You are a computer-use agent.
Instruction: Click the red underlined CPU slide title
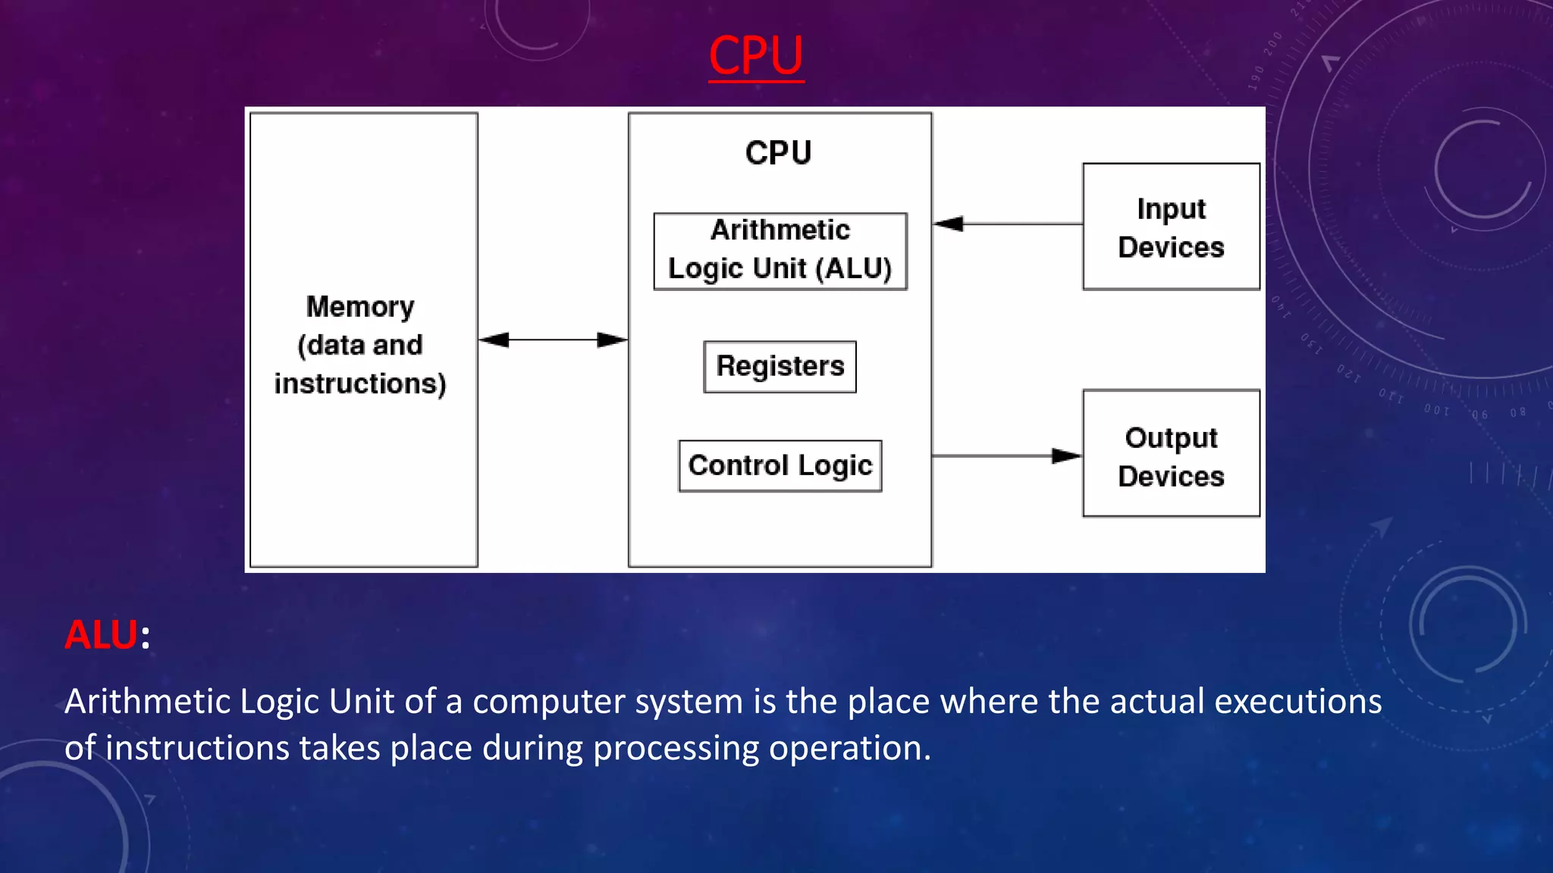pyautogui.click(x=755, y=55)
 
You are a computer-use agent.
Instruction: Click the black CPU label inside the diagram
pyautogui.click(x=778, y=153)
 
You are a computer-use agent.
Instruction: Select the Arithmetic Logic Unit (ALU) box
pyautogui.click(x=780, y=251)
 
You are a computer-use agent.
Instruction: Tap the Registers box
pyautogui.click(x=780, y=367)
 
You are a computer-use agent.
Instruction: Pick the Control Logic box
pyautogui.click(x=780, y=465)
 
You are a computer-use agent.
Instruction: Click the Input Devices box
pyautogui.click(x=1171, y=227)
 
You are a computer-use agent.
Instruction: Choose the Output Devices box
pyautogui.click(x=1171, y=454)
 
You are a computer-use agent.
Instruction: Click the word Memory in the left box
pyautogui.click(x=360, y=307)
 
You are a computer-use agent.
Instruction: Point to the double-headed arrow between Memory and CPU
pyautogui.click(x=553, y=339)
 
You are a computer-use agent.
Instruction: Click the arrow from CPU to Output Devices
pyautogui.click(x=1001, y=455)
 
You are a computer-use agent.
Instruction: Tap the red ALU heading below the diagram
pyautogui.click(x=102, y=634)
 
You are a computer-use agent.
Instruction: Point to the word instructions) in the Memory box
pyautogui.click(x=360, y=384)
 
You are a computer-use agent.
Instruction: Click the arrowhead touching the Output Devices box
pyautogui.click(x=1066, y=455)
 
